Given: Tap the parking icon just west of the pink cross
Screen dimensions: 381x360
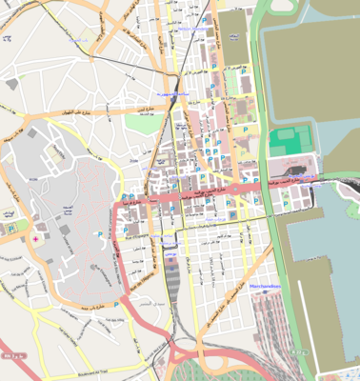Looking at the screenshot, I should click(x=10, y=229).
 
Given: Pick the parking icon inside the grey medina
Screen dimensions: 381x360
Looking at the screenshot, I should click(x=98, y=234).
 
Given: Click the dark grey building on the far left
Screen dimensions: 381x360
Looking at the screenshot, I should click(x=11, y=84).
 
